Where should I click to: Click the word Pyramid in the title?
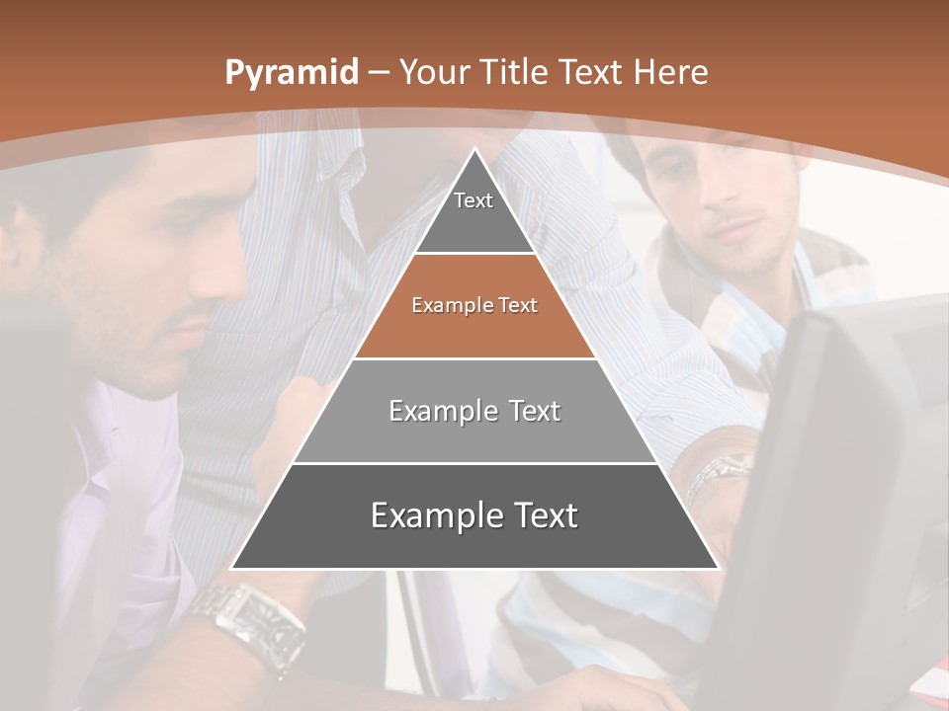click(291, 73)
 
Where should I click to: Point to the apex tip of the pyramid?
click(474, 150)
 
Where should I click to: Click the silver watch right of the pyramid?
click(720, 471)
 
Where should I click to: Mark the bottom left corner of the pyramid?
click(231, 569)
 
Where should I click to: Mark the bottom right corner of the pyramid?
click(718, 569)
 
